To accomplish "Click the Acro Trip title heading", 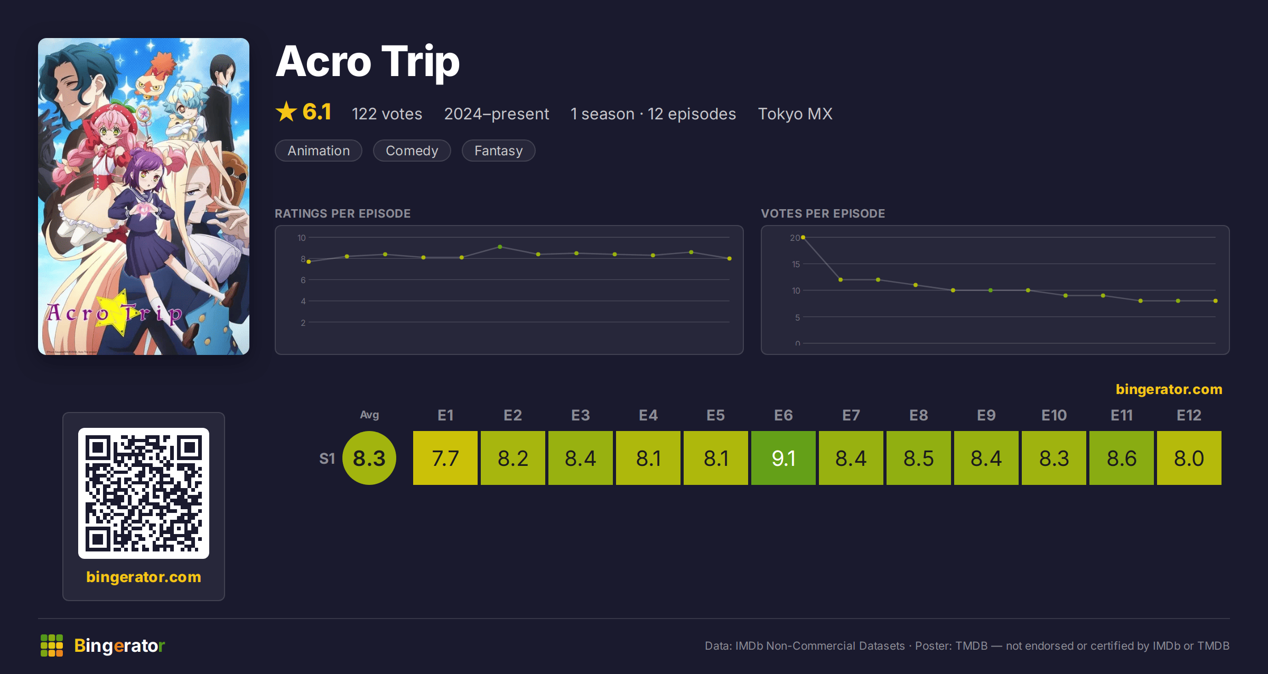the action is pos(368,62).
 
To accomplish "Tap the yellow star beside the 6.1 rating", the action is pos(286,111).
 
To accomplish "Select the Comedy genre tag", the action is pos(412,151).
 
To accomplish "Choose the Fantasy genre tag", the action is pos(498,151).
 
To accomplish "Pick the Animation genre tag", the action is pos(319,151).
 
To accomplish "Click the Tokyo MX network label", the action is pos(795,114).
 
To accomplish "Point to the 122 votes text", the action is pos(387,114).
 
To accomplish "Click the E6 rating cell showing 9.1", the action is pos(784,458).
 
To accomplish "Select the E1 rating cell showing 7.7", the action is pos(445,458).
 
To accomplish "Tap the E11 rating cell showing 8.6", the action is pos(1122,458).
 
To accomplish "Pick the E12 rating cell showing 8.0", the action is pos(1189,458).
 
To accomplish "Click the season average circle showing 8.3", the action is pos(369,458).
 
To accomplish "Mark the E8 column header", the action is pos(919,415).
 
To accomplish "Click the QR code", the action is pos(144,493).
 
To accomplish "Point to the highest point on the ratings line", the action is pos(500,247).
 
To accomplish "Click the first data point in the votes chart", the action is pos(803,238).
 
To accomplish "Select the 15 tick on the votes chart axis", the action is pos(796,264).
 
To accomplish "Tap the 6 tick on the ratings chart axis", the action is pos(303,280).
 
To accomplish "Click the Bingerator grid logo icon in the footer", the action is pos(52,645).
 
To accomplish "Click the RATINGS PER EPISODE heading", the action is pos(342,213).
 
